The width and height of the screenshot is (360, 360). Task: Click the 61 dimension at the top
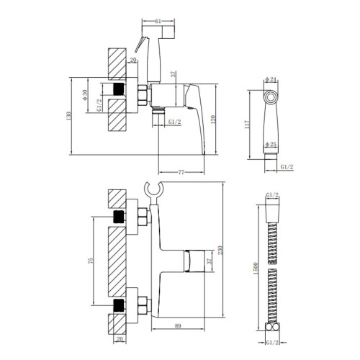pyautogui.click(x=158, y=21)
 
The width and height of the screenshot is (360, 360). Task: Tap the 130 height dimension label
pyautogui.click(x=69, y=116)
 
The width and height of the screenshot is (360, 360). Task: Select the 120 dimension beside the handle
pyautogui.click(x=213, y=120)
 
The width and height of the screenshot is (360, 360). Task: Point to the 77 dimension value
pyautogui.click(x=181, y=172)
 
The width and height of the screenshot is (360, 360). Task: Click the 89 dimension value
pyautogui.click(x=178, y=326)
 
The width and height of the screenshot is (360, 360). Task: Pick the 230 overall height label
pyautogui.click(x=220, y=250)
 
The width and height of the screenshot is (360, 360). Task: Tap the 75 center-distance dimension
pyautogui.click(x=91, y=261)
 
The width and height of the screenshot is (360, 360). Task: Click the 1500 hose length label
pyautogui.click(x=256, y=269)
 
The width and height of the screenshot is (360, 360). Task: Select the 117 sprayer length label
pyautogui.click(x=247, y=125)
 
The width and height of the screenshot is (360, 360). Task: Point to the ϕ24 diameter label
pyautogui.click(x=271, y=79)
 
